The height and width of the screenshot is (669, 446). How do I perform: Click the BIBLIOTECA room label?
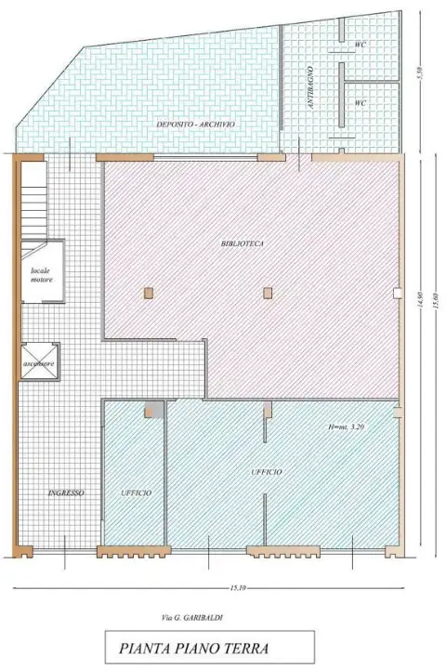243,243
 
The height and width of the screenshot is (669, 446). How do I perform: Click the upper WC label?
361,44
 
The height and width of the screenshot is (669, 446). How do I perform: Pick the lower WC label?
361,103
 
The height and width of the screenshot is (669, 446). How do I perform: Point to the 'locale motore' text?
41,274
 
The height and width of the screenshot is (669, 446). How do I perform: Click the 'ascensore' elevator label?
41,363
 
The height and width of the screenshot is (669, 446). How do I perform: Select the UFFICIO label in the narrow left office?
136,492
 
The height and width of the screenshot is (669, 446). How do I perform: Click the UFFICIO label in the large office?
268,472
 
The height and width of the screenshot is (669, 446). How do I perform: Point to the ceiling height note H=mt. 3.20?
348,427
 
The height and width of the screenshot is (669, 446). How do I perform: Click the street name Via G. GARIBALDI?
192,616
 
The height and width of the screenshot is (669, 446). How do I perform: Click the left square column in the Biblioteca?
148,293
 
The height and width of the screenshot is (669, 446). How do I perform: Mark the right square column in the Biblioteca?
268,293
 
